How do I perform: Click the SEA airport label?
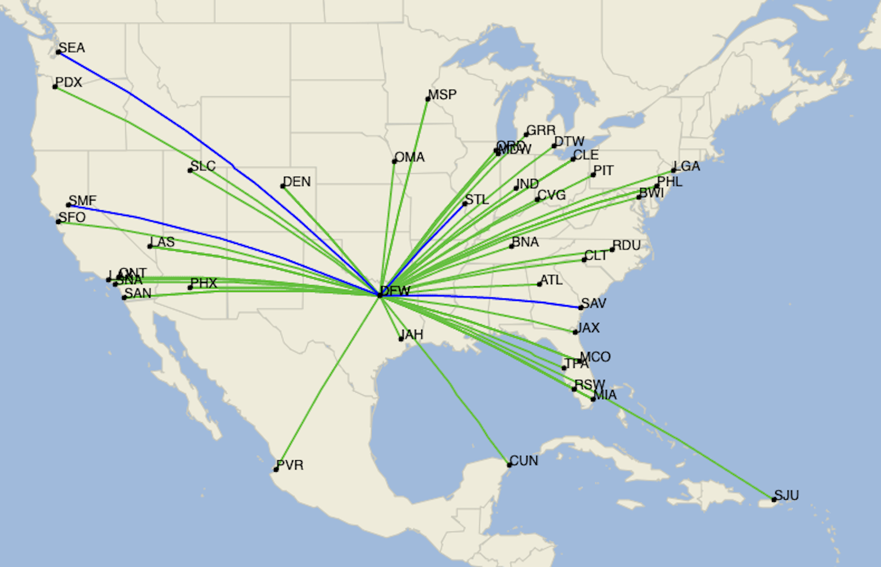[72, 48]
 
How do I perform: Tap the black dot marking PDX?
[55, 87]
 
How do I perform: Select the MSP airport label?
[442, 95]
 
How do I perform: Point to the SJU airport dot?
[774, 500]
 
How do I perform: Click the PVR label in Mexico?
[290, 465]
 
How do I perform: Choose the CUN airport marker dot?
[509, 465]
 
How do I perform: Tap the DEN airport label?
[297, 182]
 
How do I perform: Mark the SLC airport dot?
[190, 171]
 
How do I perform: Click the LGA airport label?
[687, 166]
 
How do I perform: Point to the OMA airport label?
[410, 157]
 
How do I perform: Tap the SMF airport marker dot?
[69, 205]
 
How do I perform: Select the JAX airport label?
[588, 328]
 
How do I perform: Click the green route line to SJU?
[688, 449]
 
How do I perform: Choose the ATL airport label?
[551, 280]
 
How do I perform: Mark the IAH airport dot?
[401, 339]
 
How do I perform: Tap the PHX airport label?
[204, 283]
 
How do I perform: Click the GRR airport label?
[541, 130]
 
